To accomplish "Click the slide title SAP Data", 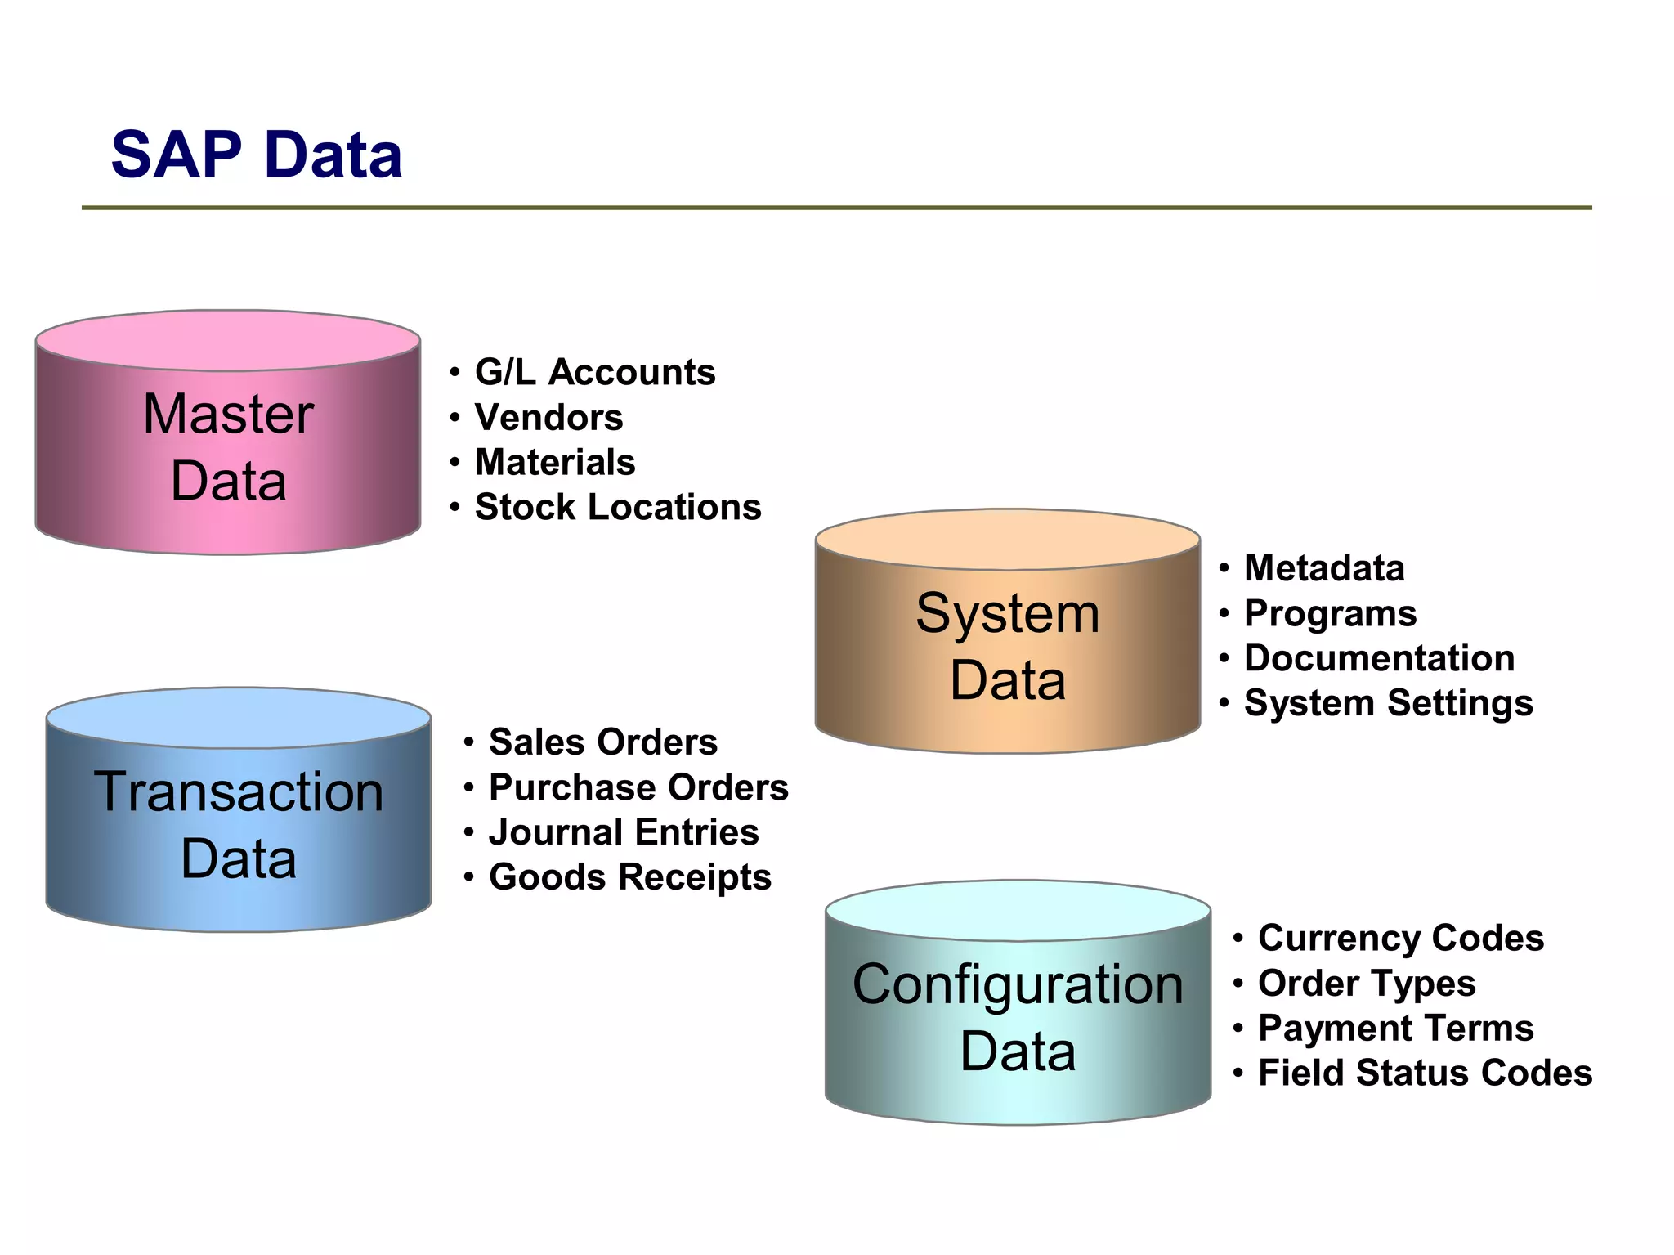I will click(256, 155).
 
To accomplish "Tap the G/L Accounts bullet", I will click(594, 372).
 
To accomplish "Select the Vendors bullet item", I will click(548, 417).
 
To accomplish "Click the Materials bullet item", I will click(555, 462).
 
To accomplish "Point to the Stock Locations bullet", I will click(617, 507).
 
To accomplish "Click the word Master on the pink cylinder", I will click(228, 414).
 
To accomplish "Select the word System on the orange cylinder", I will click(1007, 613).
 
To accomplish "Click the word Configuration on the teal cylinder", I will click(1018, 984).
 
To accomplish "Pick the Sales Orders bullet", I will click(602, 742).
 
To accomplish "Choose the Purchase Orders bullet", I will click(638, 787).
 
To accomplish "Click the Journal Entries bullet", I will click(623, 832).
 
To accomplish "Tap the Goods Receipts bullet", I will click(629, 877).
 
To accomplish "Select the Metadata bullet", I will click(1324, 568).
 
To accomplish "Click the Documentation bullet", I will click(1379, 658).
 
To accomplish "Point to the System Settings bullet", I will click(1388, 703).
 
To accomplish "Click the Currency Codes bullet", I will click(1401, 938).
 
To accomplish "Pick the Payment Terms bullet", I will click(1395, 1028).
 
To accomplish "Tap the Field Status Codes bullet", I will click(1425, 1073).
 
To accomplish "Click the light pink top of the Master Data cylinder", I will click(228, 339).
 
